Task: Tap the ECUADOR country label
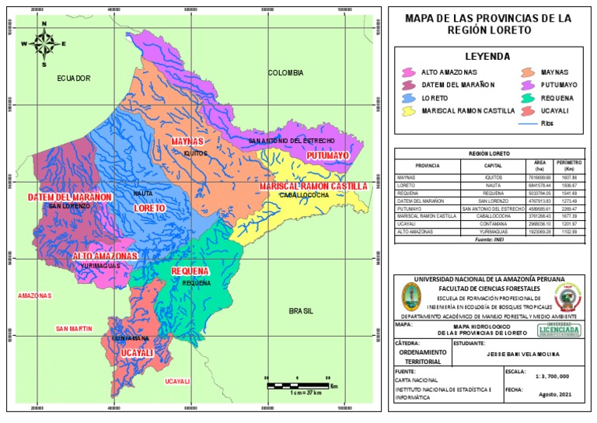tap(74, 79)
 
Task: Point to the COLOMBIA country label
tap(285, 72)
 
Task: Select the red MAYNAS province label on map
tap(187, 142)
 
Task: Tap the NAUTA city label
tap(143, 193)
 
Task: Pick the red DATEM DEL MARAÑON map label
tap(71, 197)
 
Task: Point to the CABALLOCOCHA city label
tap(305, 195)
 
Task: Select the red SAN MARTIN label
tap(74, 329)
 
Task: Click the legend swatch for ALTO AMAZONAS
tap(407, 72)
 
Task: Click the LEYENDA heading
tap(487, 56)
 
